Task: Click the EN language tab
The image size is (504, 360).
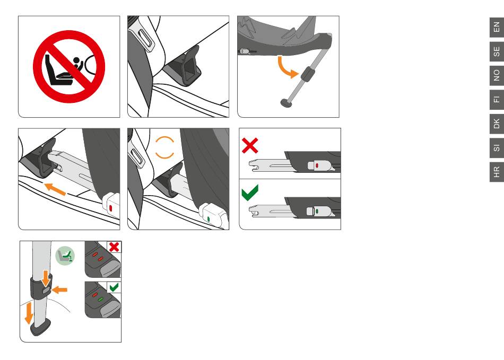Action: point(497,27)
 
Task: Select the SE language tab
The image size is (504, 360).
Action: point(497,51)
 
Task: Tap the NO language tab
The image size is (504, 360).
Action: point(497,75)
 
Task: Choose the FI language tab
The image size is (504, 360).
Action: point(497,100)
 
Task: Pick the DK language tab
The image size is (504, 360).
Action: point(497,124)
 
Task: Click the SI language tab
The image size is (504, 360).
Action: point(497,148)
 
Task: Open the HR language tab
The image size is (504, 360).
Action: point(497,172)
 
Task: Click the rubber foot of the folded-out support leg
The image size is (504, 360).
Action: point(285,103)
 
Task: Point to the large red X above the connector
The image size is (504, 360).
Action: point(250,145)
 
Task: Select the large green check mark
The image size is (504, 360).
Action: point(250,192)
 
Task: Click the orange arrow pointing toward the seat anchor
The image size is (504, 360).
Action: point(55,189)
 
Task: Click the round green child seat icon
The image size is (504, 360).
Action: point(65,256)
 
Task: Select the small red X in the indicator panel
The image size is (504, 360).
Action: point(114,247)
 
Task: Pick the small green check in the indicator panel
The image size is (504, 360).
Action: point(114,287)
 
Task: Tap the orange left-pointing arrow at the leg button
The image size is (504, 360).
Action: point(59,290)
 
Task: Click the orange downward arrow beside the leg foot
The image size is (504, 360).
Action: point(29,313)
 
